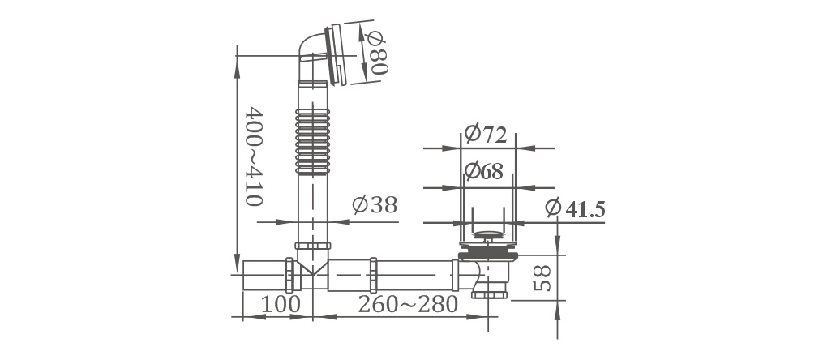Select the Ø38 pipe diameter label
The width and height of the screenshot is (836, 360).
375,205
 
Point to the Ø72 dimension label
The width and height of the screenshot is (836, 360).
485,134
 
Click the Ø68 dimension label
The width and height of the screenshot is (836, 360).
483,170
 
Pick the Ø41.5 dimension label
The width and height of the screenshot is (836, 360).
575,208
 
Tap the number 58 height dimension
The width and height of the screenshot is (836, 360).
542,278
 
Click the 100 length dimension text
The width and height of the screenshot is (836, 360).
281,304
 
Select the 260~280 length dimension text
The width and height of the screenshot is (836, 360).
408,304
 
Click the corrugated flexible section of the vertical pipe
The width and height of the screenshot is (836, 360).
312,143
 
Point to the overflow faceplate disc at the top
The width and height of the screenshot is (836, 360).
337,54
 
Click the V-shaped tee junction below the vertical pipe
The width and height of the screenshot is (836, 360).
312,264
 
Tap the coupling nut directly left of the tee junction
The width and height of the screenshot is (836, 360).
289,275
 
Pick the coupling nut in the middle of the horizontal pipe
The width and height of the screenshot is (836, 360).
374,275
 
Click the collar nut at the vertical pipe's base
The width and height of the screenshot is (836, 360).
312,246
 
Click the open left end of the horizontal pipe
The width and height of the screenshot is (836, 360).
243,275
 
